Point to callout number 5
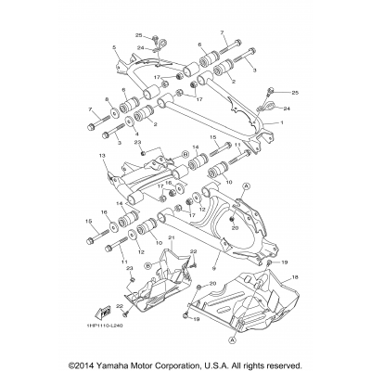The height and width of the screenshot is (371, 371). point(113,46)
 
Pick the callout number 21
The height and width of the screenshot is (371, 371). point(144,239)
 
